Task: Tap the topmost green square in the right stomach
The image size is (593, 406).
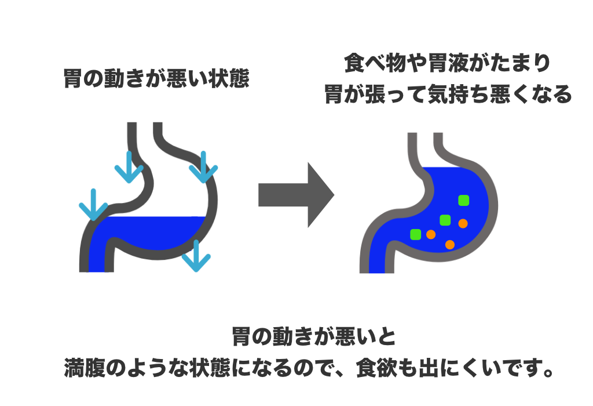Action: [x=464, y=200]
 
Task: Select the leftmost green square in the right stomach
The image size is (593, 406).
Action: [x=416, y=234]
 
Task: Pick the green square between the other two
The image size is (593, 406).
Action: [x=445, y=220]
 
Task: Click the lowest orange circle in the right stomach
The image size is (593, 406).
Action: [x=449, y=245]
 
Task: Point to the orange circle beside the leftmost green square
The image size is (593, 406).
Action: [x=431, y=235]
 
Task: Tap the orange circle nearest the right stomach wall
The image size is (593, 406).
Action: [x=463, y=223]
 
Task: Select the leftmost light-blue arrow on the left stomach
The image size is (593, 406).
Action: [x=93, y=205]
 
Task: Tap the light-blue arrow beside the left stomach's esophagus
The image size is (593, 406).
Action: [x=129, y=167]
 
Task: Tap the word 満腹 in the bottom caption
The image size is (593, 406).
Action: [x=85, y=367]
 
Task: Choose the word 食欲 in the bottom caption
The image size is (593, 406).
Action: [x=377, y=367]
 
